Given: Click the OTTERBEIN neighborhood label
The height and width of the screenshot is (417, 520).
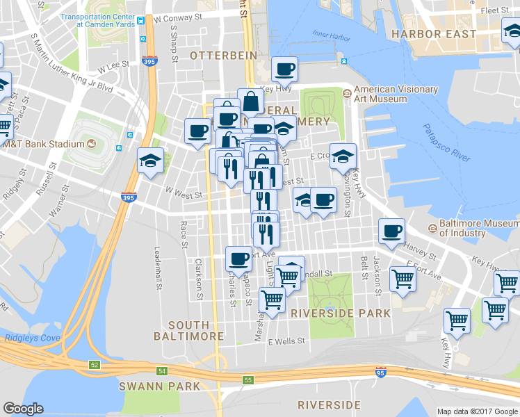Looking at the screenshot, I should (x=224, y=55).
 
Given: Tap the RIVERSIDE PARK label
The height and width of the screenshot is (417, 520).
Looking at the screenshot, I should (x=341, y=313).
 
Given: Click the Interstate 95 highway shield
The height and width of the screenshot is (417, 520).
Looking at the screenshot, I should (x=380, y=373).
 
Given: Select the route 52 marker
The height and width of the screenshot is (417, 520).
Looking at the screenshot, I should (x=94, y=364).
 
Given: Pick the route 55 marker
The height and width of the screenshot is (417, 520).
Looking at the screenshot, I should (x=248, y=379).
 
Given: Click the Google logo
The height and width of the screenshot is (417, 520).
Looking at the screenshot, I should (x=23, y=409).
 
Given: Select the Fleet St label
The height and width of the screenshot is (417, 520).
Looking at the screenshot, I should (x=495, y=10).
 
